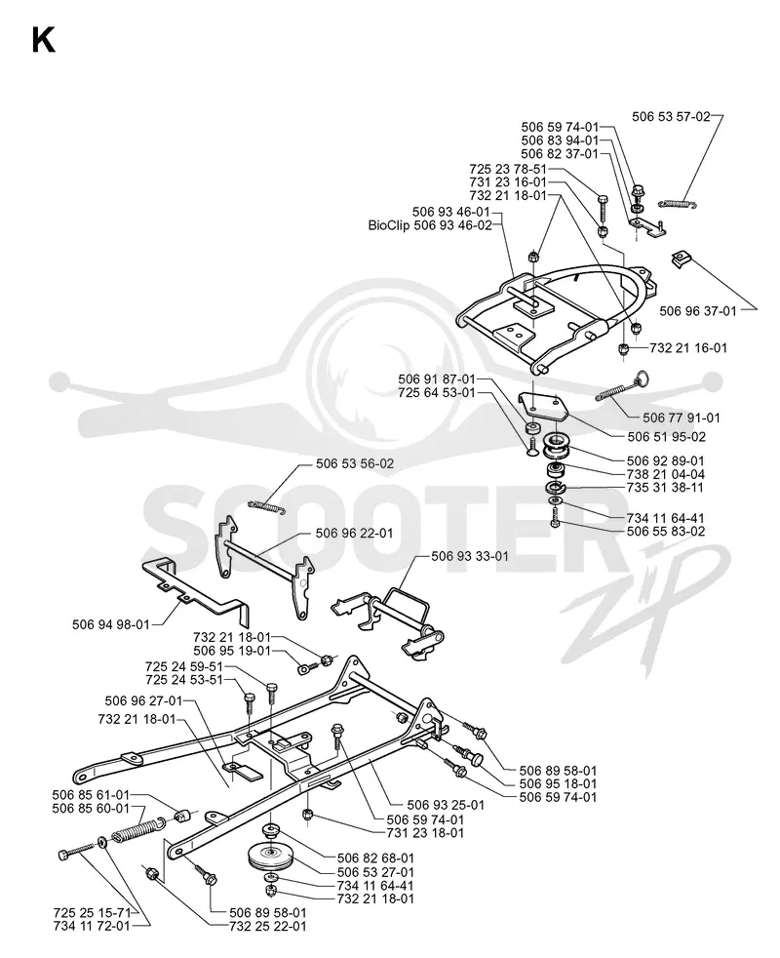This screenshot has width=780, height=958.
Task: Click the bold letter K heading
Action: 43,41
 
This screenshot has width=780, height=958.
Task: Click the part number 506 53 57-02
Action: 671,116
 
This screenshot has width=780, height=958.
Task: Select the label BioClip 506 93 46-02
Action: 429,225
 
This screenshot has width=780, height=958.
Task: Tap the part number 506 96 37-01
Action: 698,311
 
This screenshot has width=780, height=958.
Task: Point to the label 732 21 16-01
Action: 688,347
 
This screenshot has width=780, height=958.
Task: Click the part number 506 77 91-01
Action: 682,418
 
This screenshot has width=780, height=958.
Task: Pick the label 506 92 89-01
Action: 665,460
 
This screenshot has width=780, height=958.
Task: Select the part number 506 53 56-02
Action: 355,463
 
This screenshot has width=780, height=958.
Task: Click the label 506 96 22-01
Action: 354,534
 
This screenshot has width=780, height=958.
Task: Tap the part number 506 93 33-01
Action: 470,557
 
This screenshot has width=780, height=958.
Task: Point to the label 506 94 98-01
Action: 110,624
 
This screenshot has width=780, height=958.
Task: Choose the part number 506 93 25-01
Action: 446,805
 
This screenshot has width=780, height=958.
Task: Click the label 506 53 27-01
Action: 375,872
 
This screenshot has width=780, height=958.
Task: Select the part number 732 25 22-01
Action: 268,926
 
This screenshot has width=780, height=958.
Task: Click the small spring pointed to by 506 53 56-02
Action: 267,506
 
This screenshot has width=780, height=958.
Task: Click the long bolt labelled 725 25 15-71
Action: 78,851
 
